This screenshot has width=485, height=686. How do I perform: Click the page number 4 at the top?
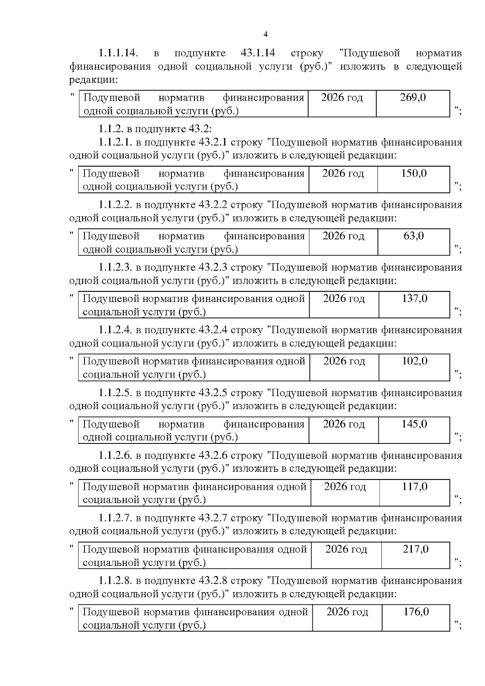pos(266,34)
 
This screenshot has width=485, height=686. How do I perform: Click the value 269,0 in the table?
pos(413,97)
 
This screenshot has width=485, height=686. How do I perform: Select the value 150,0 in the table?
pos(413,173)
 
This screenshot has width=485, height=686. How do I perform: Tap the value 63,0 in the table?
pos(413,236)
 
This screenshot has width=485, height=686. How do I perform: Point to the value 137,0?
pos(415,298)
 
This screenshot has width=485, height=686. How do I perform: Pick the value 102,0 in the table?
pos(415,361)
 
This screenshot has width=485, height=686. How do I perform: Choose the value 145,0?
pos(414,424)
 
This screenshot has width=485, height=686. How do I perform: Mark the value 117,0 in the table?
pos(415,486)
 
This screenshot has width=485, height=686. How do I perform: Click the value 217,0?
pos(415,549)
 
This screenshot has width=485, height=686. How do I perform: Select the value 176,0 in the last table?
pos(416,612)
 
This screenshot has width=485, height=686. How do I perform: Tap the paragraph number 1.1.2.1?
pos(115,142)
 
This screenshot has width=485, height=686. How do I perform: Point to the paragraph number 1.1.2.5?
pos(115,393)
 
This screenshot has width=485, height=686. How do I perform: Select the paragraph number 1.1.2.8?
pos(115,580)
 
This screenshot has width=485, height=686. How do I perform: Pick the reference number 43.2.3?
pos(213,267)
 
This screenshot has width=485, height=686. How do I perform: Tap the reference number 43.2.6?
pos(213,456)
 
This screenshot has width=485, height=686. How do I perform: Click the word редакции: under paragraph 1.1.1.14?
pos(93,80)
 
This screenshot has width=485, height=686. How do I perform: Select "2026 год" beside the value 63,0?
pos(343,236)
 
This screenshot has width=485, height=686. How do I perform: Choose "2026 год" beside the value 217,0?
pos(346,549)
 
